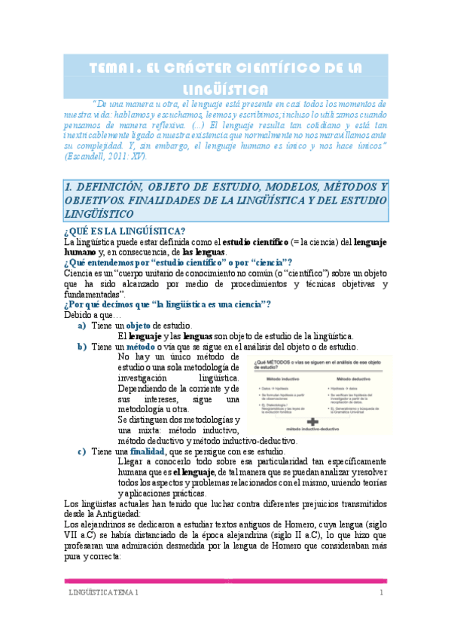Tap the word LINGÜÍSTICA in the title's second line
[226, 88]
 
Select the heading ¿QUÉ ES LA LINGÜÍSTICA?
[125, 231]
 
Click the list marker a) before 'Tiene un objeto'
[82, 325]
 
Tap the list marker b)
[82, 347]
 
